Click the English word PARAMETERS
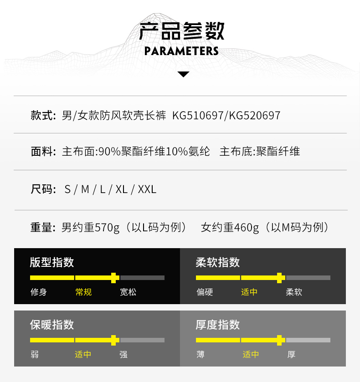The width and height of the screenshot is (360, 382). (x=181, y=51)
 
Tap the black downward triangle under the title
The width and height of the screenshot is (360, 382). (x=183, y=74)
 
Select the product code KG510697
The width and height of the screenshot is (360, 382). (x=198, y=116)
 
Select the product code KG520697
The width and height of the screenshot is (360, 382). (x=255, y=116)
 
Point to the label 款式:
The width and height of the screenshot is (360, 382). (x=43, y=115)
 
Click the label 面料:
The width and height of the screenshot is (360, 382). (x=43, y=152)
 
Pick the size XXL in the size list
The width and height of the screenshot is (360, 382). (x=147, y=189)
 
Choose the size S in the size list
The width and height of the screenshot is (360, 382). (x=68, y=189)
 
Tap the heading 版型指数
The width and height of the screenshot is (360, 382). (x=52, y=262)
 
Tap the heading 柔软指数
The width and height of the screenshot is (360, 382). (x=218, y=262)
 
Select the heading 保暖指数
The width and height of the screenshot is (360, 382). (x=52, y=325)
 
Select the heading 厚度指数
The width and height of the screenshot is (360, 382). (x=218, y=325)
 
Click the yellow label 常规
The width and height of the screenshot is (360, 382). (x=83, y=292)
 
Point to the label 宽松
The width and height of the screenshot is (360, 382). (x=128, y=292)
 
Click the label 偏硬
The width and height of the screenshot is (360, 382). (x=205, y=292)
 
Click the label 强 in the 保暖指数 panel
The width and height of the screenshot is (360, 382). (x=123, y=354)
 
